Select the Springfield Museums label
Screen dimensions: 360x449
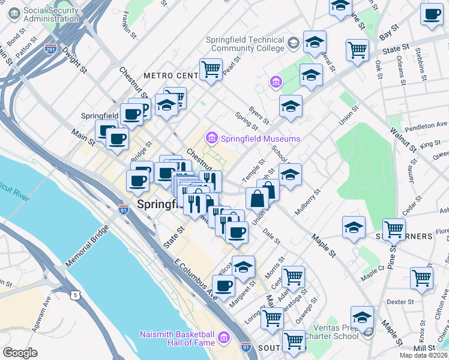[260, 139]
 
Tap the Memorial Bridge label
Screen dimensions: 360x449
[88, 245]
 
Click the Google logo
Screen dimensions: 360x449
[20, 353]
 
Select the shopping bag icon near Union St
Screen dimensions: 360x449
[257, 198]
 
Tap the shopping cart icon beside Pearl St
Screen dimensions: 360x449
[211, 70]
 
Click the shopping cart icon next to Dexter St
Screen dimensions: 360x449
[421, 278]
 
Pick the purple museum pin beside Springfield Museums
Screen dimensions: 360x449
[211, 139]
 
